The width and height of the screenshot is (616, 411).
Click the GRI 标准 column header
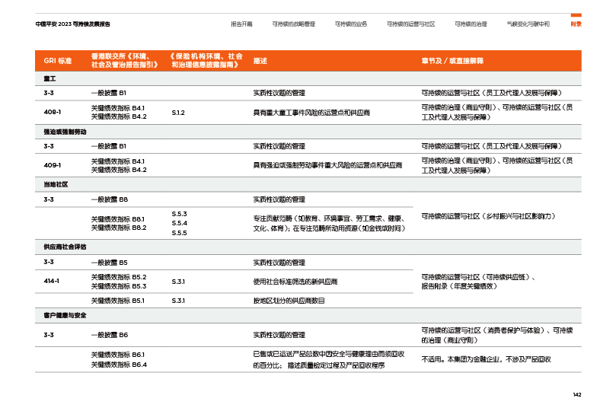(x=58, y=60)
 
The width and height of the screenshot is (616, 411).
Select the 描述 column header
(x=260, y=60)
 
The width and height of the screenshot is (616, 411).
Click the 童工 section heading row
(x=49, y=78)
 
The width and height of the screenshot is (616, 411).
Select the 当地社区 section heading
(x=56, y=184)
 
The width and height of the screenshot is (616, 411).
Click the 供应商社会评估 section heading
(x=65, y=247)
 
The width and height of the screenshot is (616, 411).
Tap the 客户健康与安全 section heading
(x=65, y=314)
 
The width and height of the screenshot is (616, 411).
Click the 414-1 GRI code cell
(x=52, y=281)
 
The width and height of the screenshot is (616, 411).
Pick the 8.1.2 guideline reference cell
(x=178, y=112)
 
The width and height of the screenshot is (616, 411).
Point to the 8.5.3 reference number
(x=180, y=214)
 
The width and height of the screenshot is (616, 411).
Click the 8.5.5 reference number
(x=180, y=232)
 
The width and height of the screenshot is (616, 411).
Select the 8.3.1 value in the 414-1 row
(x=179, y=281)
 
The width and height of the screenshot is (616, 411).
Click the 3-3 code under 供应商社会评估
(x=48, y=262)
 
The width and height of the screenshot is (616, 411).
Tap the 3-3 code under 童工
(x=48, y=92)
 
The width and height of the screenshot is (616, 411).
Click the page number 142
(x=576, y=393)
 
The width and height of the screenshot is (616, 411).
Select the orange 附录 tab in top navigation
(x=576, y=24)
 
